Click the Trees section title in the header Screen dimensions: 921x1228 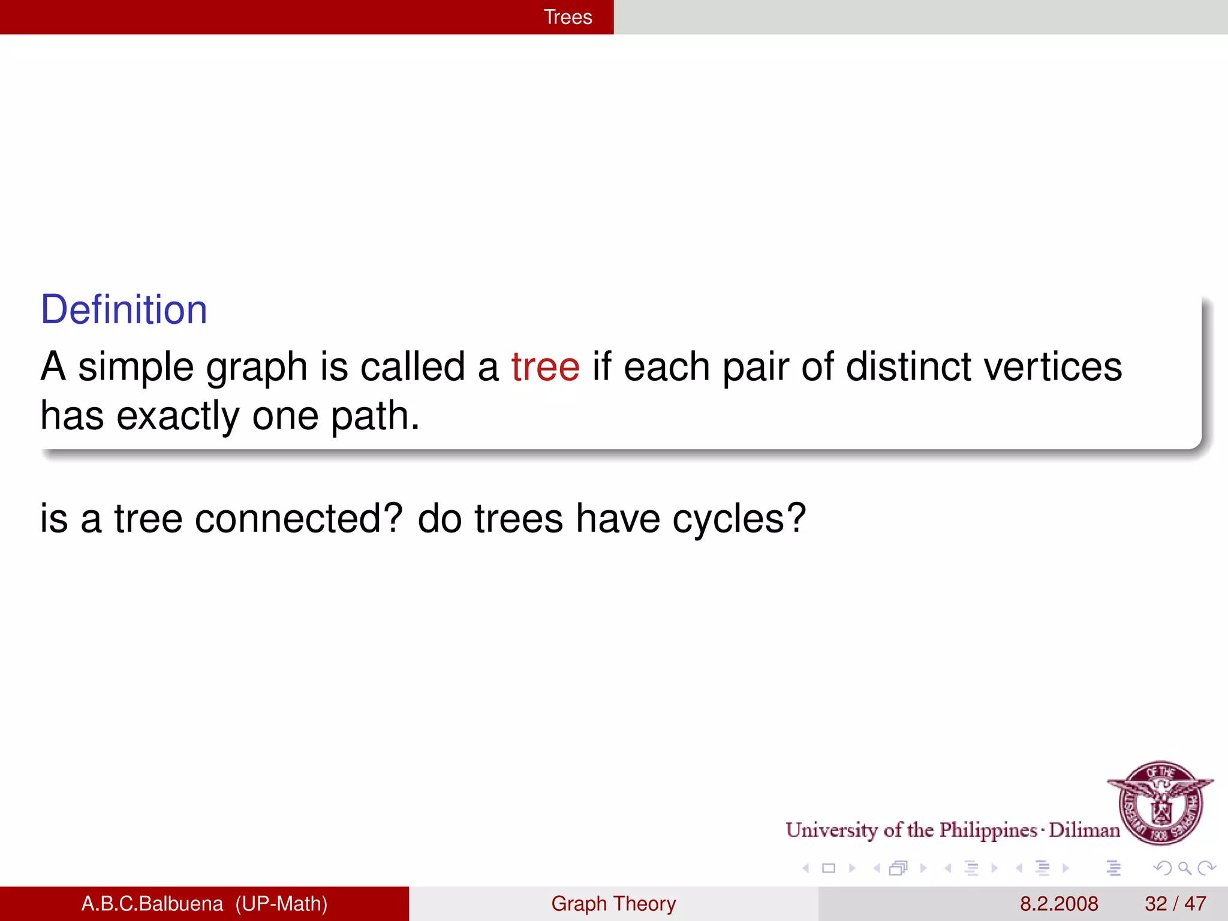[x=567, y=17]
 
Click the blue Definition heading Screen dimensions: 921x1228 [x=124, y=309]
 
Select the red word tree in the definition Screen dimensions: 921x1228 [x=545, y=366]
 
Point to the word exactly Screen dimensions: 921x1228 [x=177, y=416]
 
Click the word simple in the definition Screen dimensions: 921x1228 [x=136, y=368]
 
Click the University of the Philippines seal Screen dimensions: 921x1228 [x=1161, y=802]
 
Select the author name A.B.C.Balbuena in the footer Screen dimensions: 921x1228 [x=152, y=904]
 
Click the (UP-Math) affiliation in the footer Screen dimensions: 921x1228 [x=281, y=904]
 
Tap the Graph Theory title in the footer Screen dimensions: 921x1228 [x=613, y=904]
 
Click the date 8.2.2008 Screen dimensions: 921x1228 [x=1059, y=904]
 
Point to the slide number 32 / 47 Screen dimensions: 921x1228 [x=1175, y=904]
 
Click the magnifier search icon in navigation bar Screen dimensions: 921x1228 [x=1184, y=868]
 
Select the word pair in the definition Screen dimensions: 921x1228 [x=756, y=368]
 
